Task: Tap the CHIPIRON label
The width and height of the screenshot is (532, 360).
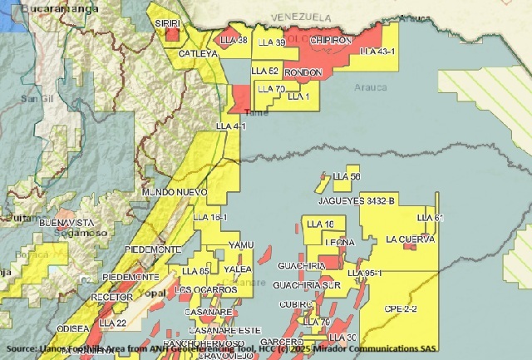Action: pyautogui.click(x=331, y=40)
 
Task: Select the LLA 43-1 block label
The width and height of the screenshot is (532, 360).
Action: pyautogui.click(x=377, y=52)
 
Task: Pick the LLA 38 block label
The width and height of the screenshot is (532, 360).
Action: pyautogui.click(x=233, y=40)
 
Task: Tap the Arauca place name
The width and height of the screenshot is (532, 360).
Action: pyautogui.click(x=370, y=86)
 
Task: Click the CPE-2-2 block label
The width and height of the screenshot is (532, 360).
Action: pyautogui.click(x=401, y=308)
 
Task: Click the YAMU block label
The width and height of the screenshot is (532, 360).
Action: pyautogui.click(x=239, y=245)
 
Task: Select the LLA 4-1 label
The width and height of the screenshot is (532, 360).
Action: pyautogui.click(x=231, y=126)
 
